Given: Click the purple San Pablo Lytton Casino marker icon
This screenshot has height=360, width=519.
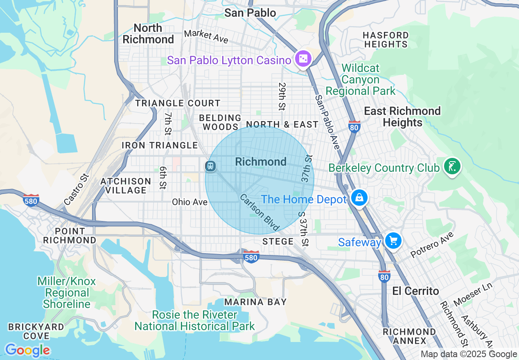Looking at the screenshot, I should click(x=303, y=60).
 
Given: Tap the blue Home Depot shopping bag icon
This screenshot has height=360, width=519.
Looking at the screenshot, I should click(x=359, y=198).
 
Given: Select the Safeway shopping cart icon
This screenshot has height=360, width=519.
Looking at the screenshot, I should click(x=393, y=241).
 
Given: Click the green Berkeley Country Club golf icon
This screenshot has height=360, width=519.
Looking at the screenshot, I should click(x=452, y=167).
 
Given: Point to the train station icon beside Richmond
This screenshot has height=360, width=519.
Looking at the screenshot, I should click(x=210, y=166).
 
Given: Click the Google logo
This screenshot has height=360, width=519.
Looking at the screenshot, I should click(x=27, y=350).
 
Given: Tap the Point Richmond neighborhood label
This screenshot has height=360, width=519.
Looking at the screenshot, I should click(x=70, y=236).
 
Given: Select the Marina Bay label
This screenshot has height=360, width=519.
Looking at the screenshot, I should click(x=255, y=302).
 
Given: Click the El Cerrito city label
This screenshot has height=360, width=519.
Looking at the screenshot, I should click(x=415, y=291).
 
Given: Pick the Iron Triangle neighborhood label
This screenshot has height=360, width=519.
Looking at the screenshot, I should click(x=160, y=145).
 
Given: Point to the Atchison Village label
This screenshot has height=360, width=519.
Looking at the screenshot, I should click(x=126, y=186).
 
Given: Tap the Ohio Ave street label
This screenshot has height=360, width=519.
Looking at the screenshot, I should click(x=190, y=202).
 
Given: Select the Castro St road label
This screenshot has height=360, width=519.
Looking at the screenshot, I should click(x=77, y=189).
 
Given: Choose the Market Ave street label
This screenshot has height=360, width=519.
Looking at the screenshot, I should click(x=206, y=36).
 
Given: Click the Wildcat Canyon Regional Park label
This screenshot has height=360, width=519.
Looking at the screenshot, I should click(x=361, y=79).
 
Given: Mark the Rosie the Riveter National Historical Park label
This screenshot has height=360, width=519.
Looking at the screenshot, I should click(x=194, y=320).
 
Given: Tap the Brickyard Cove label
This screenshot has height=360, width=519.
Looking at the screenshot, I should click(x=36, y=331).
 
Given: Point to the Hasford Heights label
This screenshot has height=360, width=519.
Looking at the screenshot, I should click(x=386, y=40).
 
